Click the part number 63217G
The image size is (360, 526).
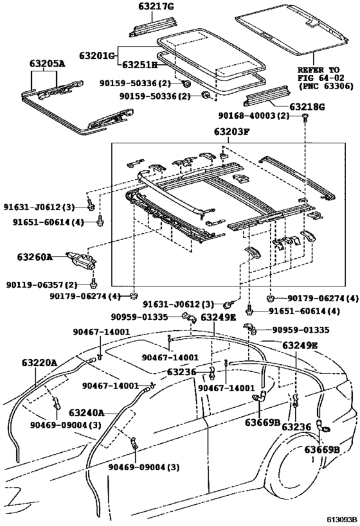coord(156,6)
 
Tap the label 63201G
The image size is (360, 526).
coord(97,55)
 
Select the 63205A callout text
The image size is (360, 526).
coord(48,64)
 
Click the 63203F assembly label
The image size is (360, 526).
coord(231,132)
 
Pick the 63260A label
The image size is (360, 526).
coord(35,258)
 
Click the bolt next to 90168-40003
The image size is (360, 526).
coord(305,117)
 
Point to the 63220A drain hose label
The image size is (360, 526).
coord(40,363)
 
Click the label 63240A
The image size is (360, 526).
coord(87,412)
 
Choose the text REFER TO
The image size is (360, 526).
coord(319,70)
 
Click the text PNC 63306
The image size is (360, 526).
coord(326,86)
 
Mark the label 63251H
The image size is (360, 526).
coord(139,64)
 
